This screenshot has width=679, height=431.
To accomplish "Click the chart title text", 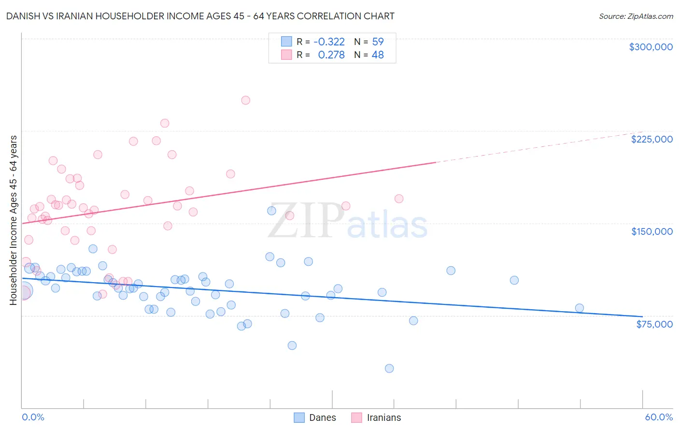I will coord(200,16).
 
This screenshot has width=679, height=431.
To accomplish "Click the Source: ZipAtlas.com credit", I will coord(636,16).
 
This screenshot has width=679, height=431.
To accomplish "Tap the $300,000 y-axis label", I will coord(651,47).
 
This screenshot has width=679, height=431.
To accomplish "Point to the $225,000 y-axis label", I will coord(651,139).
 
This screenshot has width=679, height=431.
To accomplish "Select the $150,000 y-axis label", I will coord(651,231).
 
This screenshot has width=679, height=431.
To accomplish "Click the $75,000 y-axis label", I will coord(654,324).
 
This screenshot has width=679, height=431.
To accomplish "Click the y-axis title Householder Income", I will coord(13,220).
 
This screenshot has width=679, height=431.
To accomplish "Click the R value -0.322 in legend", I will coord(329,42).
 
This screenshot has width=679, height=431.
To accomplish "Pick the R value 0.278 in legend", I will coord(331,55).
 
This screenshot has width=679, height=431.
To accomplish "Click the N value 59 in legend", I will coord(378,42).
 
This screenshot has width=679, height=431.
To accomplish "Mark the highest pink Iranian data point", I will coord(245,101).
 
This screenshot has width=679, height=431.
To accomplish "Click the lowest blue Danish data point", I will coord(389,368).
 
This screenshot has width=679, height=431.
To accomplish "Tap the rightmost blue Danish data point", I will coord(580,308).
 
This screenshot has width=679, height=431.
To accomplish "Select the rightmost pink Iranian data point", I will coord(399,199).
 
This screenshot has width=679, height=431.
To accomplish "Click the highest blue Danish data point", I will coord(271,211).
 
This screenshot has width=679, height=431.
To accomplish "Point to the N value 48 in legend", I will coord(378,55).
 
